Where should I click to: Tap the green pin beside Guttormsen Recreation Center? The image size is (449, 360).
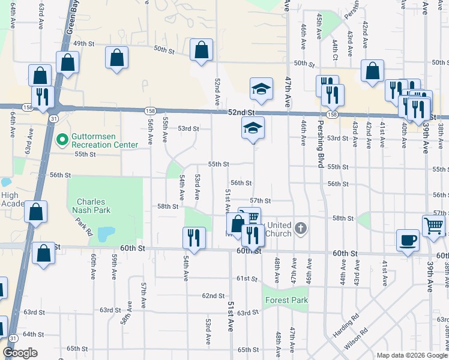coord(61,140)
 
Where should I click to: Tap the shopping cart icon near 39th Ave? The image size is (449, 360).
coord(433,226)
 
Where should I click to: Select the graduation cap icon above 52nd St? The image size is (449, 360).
coord(261,89)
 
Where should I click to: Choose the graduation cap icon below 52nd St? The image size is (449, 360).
coord(253,127)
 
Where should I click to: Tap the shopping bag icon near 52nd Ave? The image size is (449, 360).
coord(201,50)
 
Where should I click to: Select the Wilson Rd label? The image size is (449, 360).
coord(356,342)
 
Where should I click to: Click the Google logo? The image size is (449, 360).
coord(20,353)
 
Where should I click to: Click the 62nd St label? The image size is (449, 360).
coord(213,296)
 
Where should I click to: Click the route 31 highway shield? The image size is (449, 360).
coord(53,118)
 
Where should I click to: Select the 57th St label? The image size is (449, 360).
coord(261,200)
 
